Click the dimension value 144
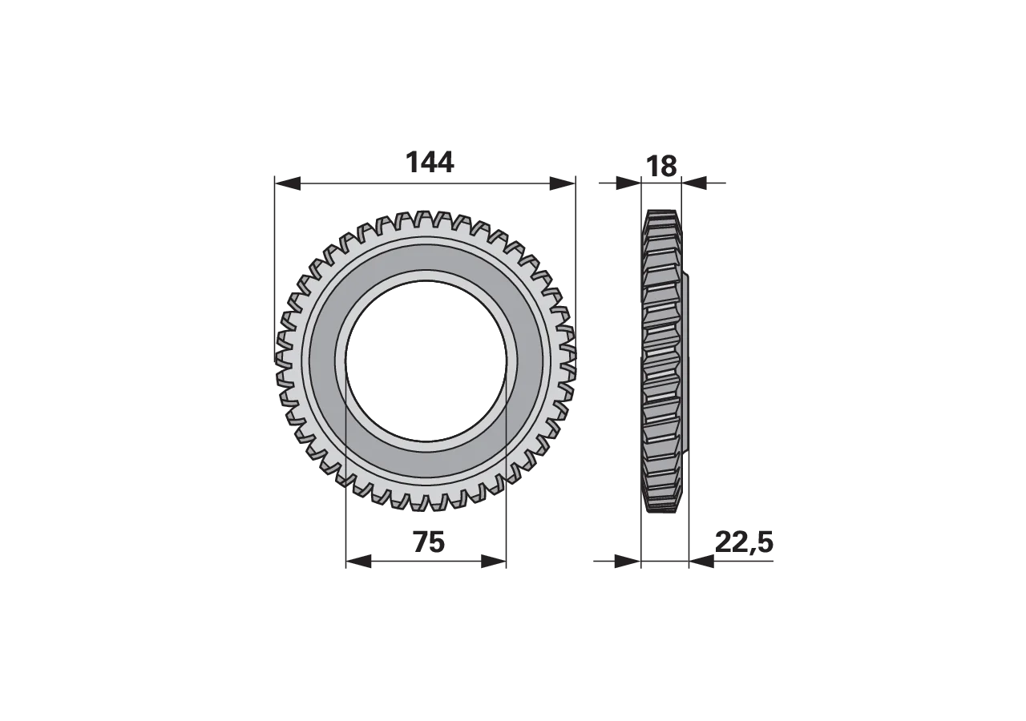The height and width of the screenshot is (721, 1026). (430, 163)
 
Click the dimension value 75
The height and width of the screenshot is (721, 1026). (429, 542)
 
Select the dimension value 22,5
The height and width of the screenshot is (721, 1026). (744, 543)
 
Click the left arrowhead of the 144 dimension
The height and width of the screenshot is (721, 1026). (287, 183)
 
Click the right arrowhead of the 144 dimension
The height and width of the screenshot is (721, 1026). (562, 183)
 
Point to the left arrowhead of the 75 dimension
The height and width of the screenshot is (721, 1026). (358, 562)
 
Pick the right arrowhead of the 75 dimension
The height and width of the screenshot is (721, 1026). (494, 562)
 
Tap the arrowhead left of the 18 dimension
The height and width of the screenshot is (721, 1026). (628, 183)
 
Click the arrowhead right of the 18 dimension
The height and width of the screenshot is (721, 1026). (694, 183)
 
